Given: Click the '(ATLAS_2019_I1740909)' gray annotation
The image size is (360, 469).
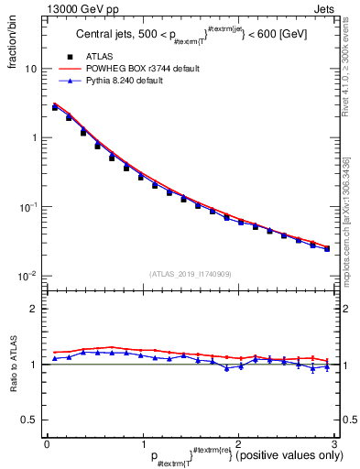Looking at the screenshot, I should coord(189,274).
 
